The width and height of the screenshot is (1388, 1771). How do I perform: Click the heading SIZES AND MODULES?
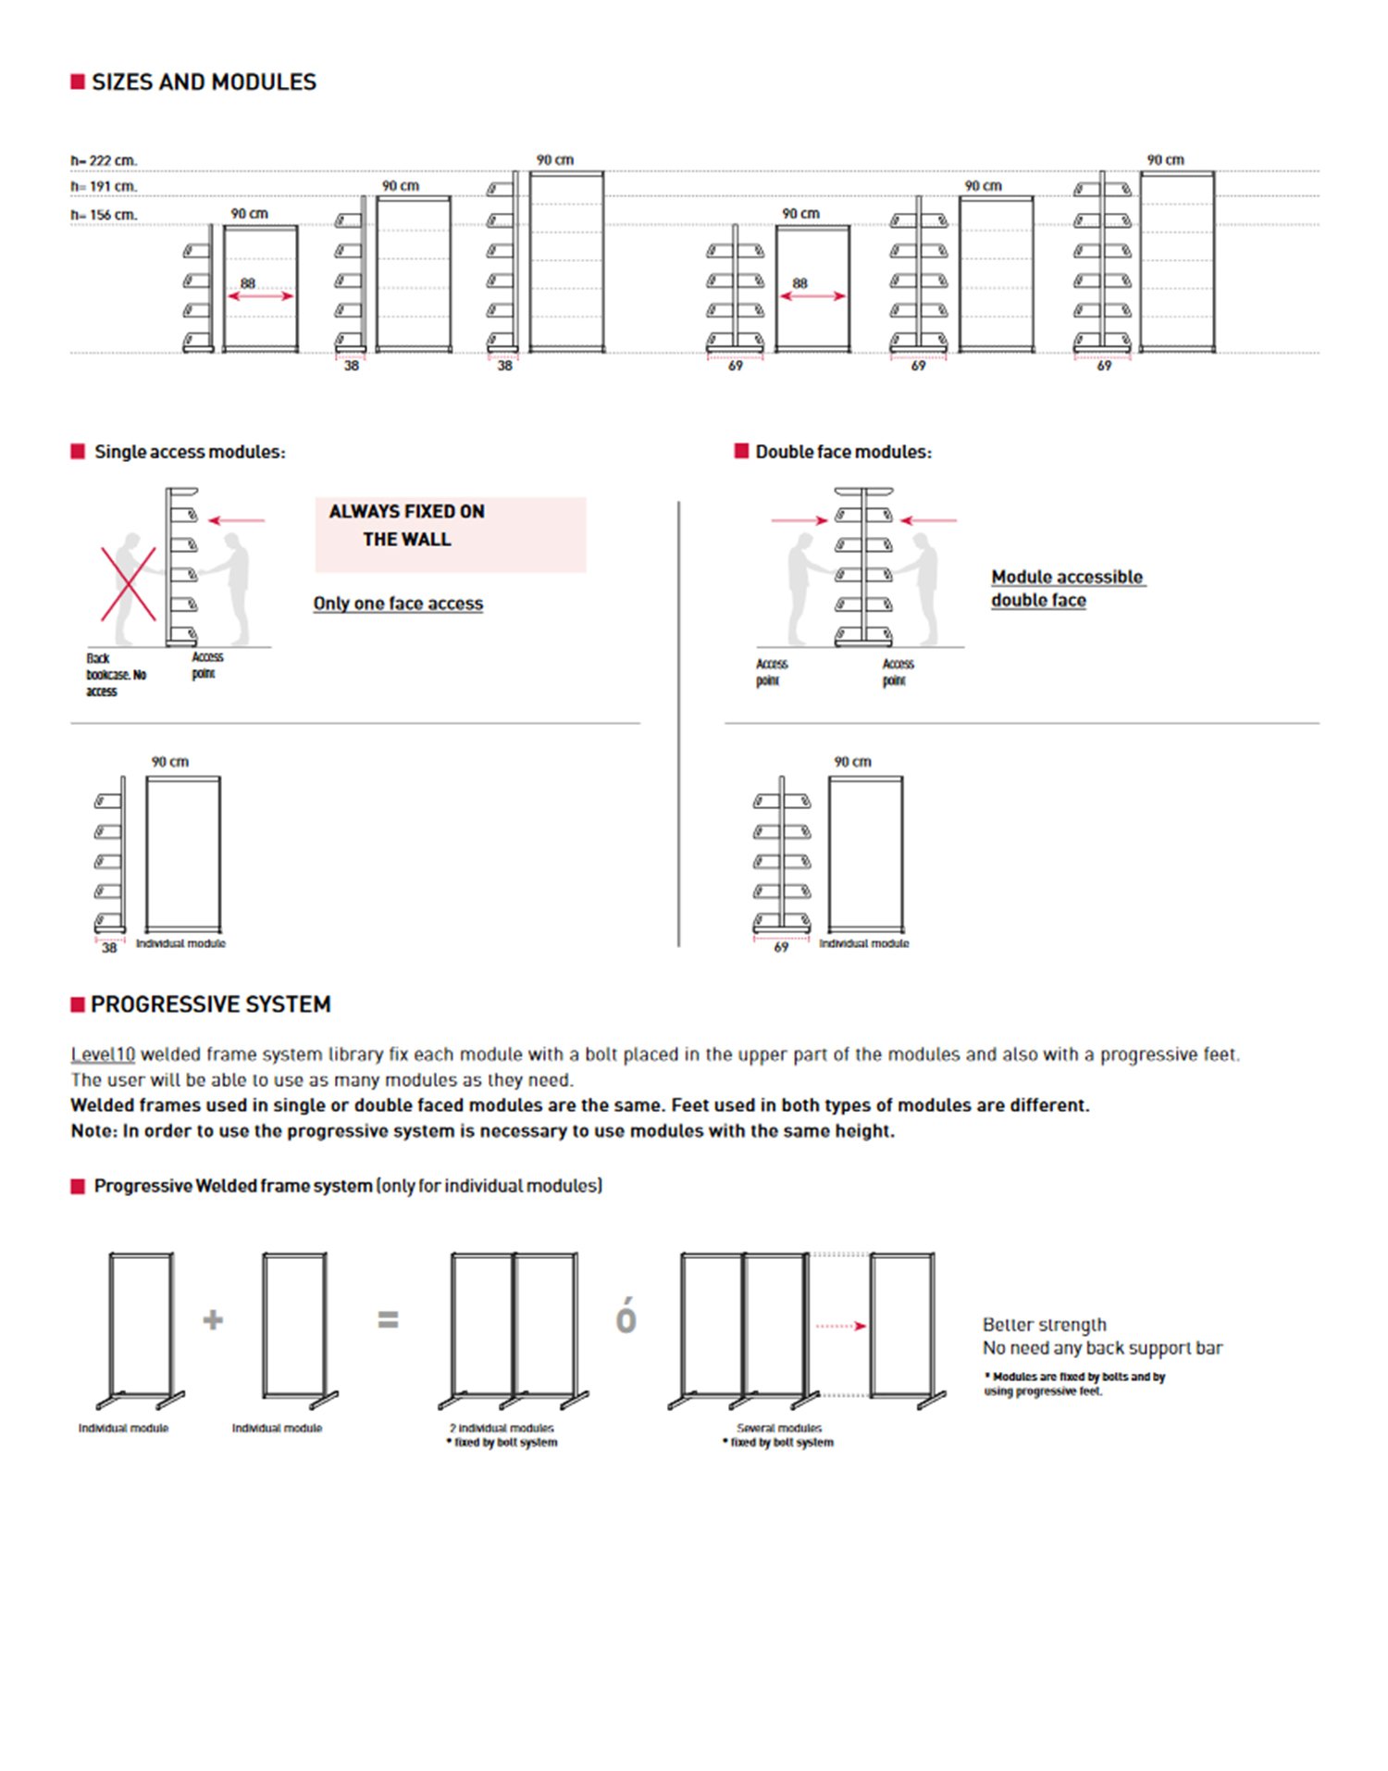204,82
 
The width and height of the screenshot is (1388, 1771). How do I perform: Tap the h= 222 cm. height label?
104,161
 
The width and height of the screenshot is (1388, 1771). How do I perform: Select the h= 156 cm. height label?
104,215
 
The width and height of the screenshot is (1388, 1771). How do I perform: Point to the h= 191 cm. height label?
104,187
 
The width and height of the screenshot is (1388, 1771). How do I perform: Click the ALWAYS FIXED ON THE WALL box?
450,534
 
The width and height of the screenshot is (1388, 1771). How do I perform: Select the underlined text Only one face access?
398,604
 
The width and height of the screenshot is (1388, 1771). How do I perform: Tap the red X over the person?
129,583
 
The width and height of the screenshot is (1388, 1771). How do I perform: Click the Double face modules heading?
843,452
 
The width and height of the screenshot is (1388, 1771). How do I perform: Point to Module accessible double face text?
1067,589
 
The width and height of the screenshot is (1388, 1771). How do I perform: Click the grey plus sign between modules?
213,1319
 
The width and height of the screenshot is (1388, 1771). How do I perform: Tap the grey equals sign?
389,1319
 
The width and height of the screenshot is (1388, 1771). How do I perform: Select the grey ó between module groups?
626,1316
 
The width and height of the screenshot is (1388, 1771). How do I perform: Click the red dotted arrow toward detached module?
841,1326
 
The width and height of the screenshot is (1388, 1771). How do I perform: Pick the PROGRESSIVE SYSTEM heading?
210,1004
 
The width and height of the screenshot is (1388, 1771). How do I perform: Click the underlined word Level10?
103,1054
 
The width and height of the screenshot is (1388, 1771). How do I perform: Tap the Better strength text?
1044,1325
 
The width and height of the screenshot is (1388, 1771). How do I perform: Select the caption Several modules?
779,1428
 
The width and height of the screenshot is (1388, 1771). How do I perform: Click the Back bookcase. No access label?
115,675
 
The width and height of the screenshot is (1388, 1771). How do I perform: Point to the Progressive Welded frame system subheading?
347,1186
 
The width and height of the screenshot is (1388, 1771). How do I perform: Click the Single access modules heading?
190,452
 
